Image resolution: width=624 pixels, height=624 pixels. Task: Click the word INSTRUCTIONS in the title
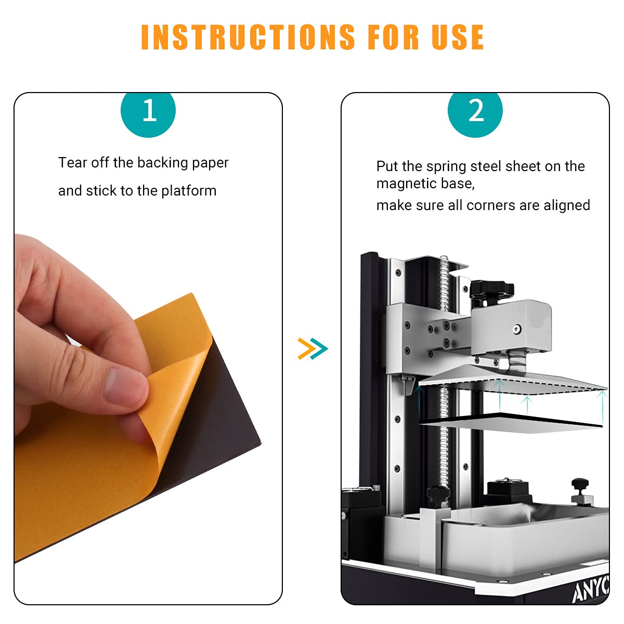coord(248,37)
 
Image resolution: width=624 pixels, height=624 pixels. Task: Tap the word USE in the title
coord(458,37)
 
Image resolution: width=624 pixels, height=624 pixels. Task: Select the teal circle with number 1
coord(148,112)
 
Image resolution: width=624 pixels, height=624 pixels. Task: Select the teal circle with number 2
coord(475,112)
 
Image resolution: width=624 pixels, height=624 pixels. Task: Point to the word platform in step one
coord(189,191)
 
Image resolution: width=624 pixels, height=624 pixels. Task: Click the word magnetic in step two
coord(407,184)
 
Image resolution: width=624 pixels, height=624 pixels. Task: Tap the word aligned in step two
coord(567,205)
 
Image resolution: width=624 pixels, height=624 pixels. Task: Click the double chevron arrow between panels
coord(313,348)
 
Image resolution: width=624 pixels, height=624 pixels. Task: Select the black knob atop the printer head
coord(491,289)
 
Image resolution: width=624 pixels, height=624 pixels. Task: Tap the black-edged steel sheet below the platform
coord(511,423)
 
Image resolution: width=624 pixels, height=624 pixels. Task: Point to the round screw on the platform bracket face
coord(517,329)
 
